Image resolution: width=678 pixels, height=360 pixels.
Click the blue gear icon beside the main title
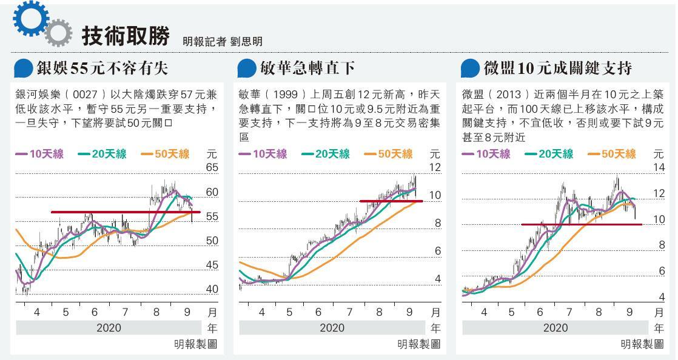click(29, 18)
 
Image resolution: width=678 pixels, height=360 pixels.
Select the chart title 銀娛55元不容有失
click(102, 68)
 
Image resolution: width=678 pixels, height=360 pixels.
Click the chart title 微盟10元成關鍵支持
click(558, 68)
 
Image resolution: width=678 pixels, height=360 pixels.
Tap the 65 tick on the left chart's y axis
click(212, 167)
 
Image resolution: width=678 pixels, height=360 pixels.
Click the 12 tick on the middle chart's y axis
click(435, 167)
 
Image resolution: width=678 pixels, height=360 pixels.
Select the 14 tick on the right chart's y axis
click(658, 167)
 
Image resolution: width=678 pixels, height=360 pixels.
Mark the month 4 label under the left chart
click(37, 313)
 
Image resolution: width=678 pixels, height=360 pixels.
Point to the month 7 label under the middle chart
click(349, 313)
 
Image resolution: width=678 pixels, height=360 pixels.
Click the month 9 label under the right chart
click(629, 313)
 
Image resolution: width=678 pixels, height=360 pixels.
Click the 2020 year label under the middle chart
click(332, 328)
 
